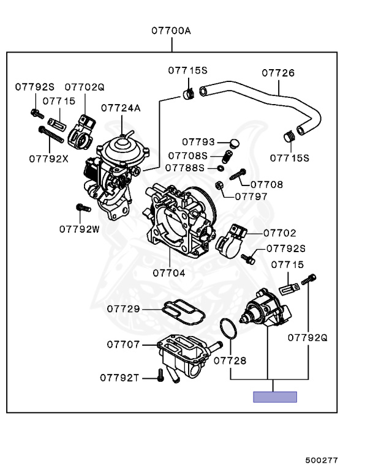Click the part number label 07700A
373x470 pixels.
[171, 31]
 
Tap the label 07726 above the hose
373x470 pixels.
[278, 73]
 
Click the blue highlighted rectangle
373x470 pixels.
[275, 397]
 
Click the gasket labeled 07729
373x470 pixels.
[183, 313]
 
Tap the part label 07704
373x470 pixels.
[169, 273]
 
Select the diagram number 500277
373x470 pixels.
[322, 460]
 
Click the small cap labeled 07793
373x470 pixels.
[235, 144]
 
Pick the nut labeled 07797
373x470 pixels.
[219, 185]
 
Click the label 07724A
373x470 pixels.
[121, 108]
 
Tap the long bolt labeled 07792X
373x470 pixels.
[51, 135]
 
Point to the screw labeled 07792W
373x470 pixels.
[83, 207]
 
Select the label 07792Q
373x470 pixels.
[307, 338]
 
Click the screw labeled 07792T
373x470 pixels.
[160, 375]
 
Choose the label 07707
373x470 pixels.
[123, 345]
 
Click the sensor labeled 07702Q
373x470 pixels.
[81, 132]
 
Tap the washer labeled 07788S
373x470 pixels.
[220, 168]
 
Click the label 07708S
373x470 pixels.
[188, 156]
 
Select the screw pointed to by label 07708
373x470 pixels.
[238, 174]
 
